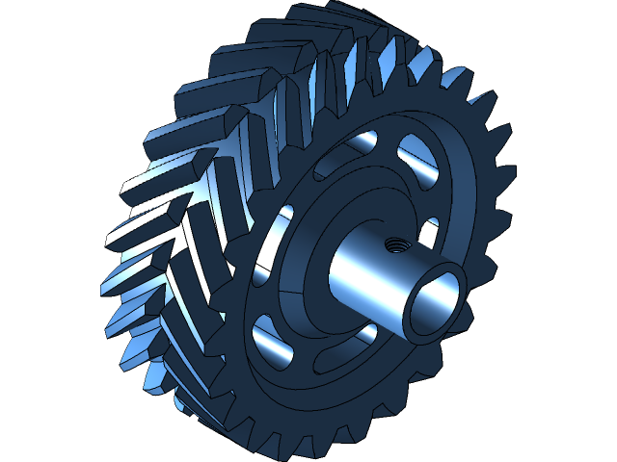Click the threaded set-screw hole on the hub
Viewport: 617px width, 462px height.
393,244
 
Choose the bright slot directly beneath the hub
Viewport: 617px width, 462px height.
367,334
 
